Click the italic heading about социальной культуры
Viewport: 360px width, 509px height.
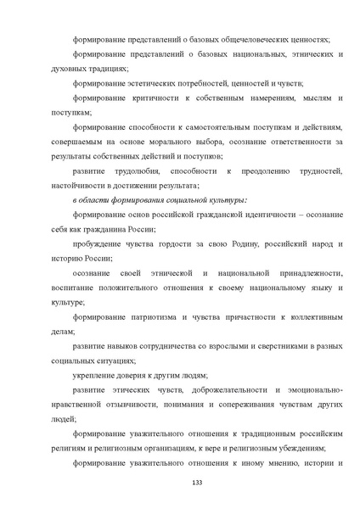(x=148, y=200)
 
